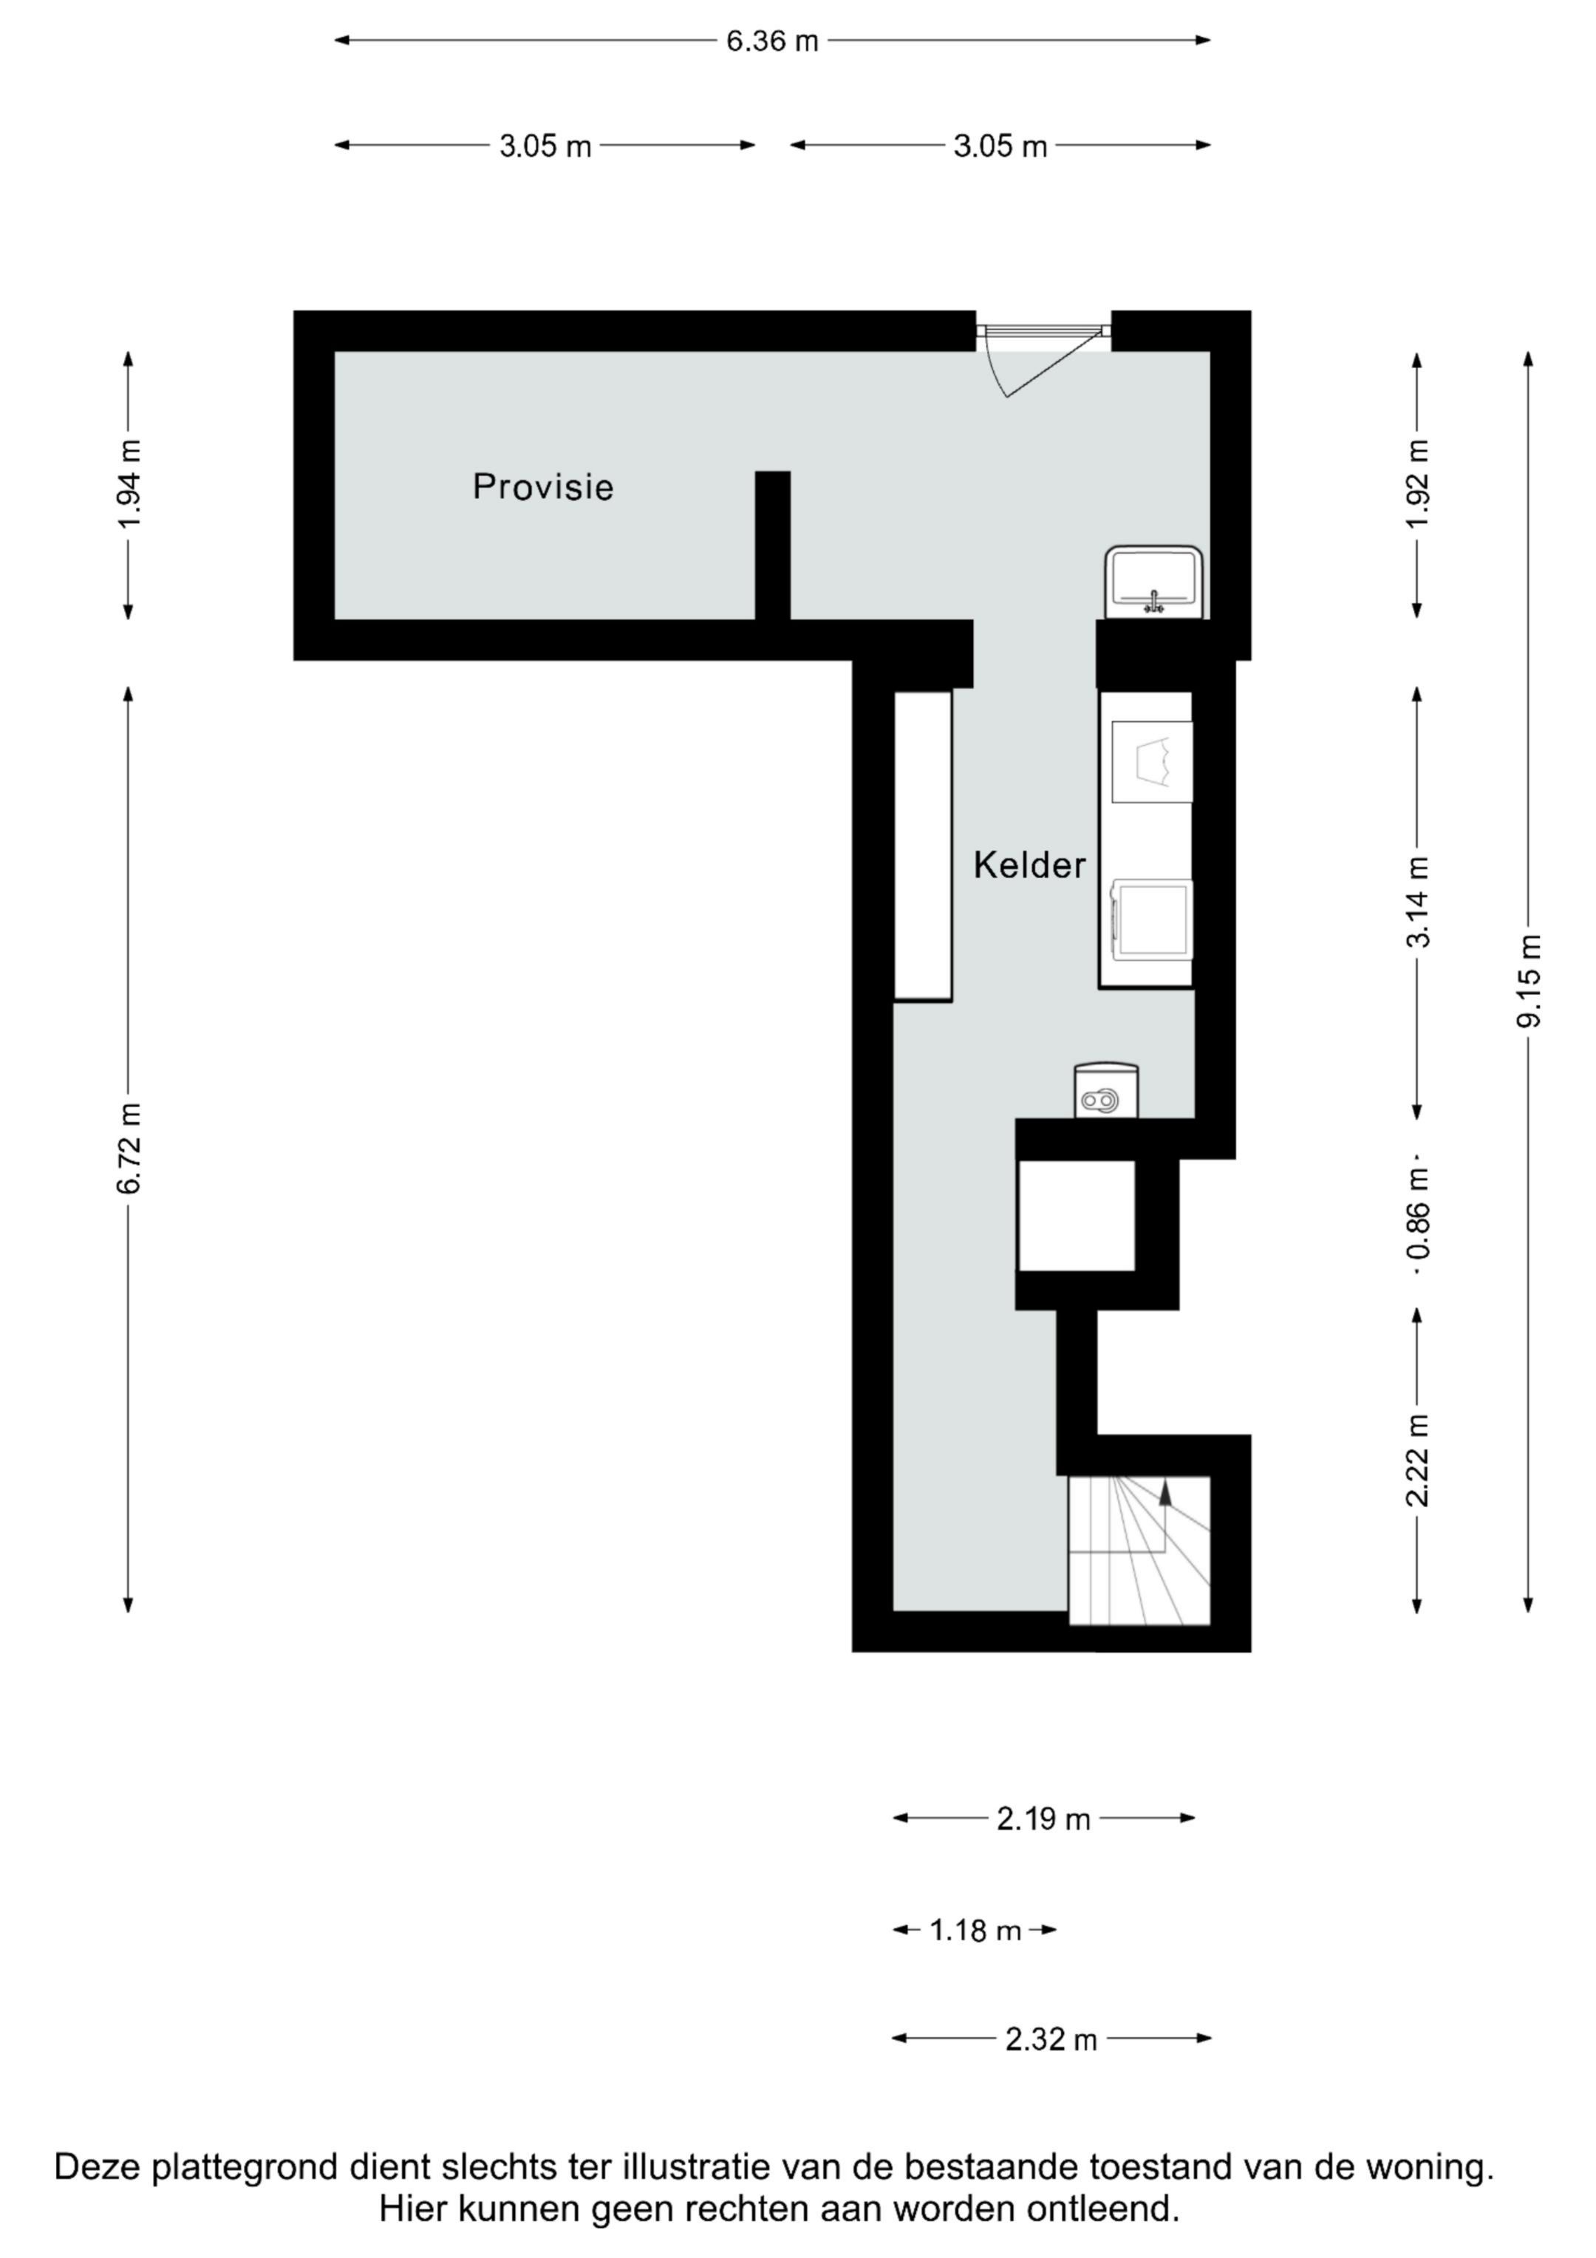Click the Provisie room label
543,487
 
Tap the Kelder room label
1029,866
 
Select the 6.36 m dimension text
772,41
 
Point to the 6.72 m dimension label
129,1149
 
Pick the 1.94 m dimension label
129,484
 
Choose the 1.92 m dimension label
1417,484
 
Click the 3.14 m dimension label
1417,902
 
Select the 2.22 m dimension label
1417,1460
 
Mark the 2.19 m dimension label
1043,1820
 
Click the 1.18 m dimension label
975,1931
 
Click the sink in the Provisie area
1154,582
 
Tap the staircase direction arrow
1165,1493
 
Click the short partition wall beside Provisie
772,545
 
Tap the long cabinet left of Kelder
922,846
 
